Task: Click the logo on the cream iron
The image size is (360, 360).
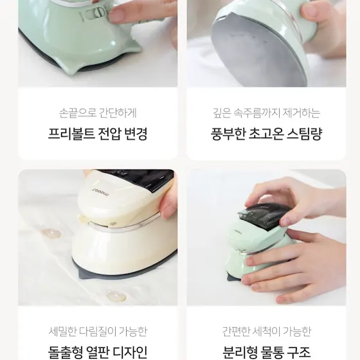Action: pyautogui.click(x=101, y=192)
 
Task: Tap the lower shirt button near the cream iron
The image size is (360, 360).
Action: pyautogui.click(x=117, y=296)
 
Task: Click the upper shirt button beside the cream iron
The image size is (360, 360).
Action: pyautogui.click(x=51, y=233)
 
